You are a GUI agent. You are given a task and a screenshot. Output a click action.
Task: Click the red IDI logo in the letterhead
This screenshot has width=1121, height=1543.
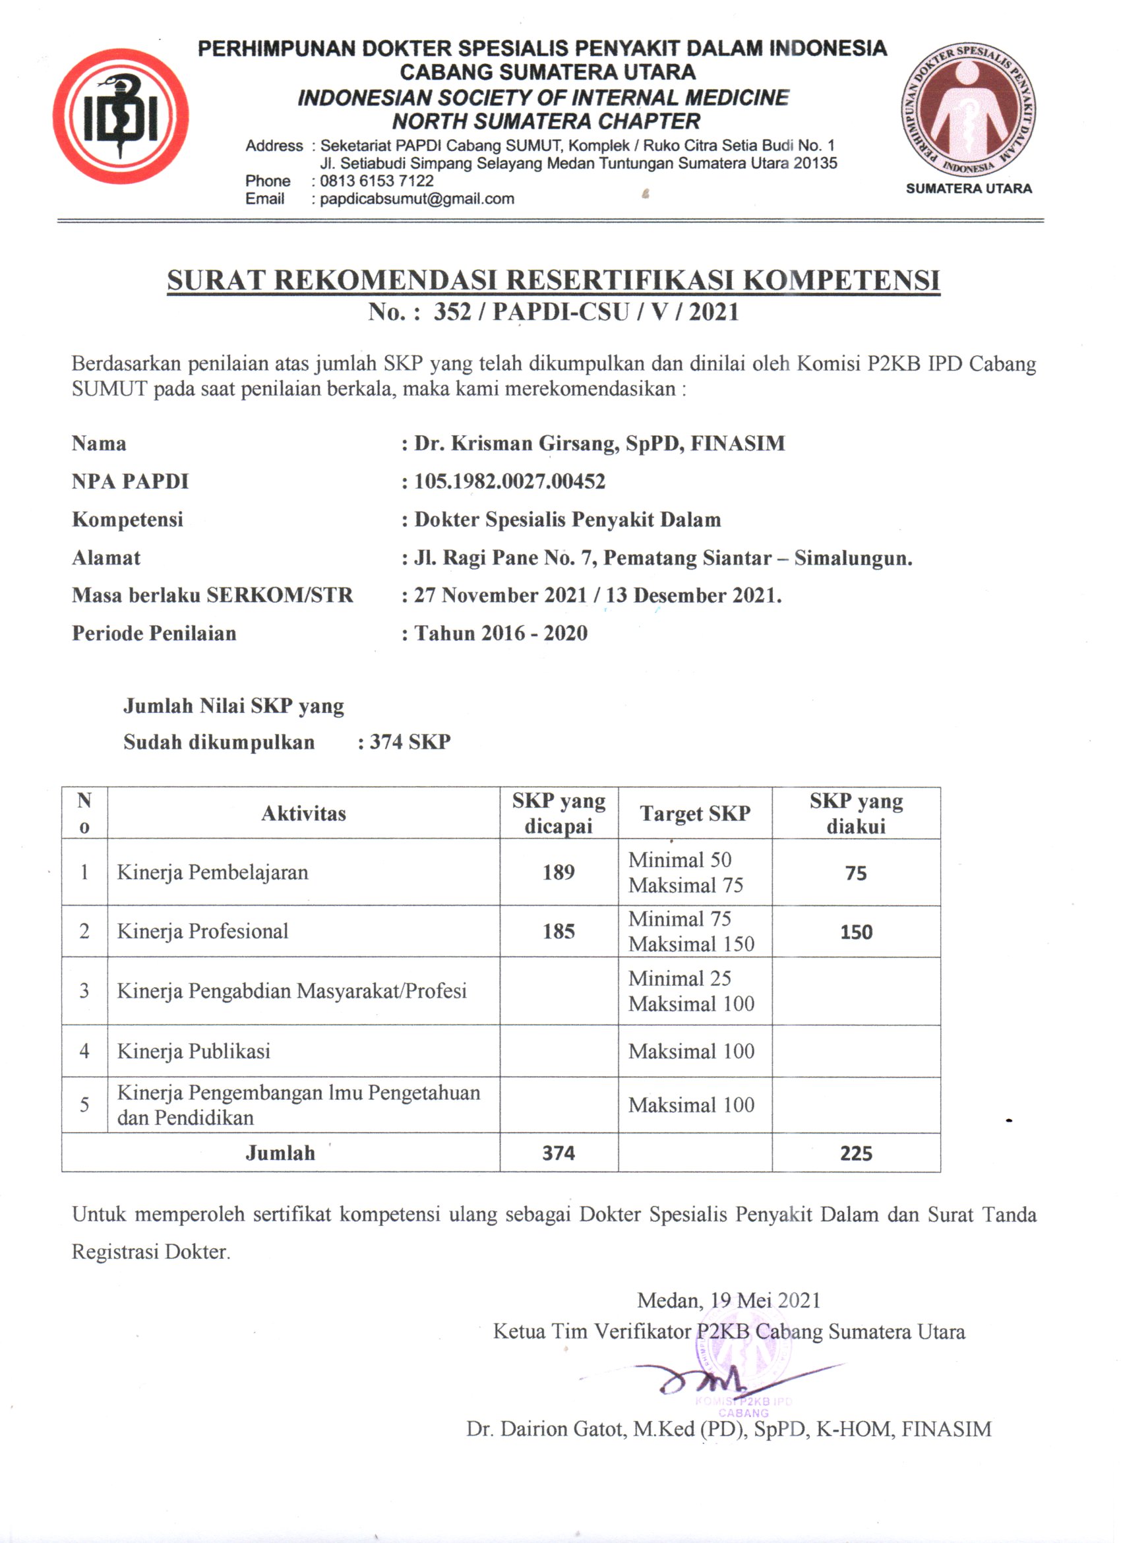(x=121, y=116)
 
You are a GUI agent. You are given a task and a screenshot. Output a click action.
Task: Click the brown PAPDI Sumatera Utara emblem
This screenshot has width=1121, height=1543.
(x=969, y=110)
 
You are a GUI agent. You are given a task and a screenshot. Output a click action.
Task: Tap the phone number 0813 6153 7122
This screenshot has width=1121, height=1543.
(x=376, y=181)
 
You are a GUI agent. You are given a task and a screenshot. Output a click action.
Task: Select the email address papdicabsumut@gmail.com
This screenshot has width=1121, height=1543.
(x=417, y=199)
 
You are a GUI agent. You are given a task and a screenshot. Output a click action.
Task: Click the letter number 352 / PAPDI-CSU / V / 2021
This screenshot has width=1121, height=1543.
(x=586, y=313)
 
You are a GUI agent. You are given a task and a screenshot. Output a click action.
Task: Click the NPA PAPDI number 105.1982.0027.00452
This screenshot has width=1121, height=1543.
(x=510, y=481)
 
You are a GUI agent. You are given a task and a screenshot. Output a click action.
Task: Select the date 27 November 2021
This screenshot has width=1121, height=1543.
(x=500, y=595)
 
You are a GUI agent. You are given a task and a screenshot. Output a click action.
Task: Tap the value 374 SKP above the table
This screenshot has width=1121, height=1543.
(x=409, y=742)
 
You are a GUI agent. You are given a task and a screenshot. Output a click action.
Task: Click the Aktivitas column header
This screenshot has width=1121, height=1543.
(x=303, y=814)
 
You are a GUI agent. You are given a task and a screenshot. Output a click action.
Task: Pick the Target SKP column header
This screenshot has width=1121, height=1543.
(x=694, y=814)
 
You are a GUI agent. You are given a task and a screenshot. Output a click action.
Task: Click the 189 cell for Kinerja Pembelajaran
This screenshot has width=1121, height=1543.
(x=559, y=872)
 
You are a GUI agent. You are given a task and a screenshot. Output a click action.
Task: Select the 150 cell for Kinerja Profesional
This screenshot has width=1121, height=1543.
(x=856, y=932)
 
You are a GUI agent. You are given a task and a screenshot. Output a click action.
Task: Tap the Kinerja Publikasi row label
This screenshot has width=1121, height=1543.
(x=194, y=1051)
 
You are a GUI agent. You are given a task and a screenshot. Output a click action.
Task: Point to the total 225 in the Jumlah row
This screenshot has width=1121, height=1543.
(x=856, y=1153)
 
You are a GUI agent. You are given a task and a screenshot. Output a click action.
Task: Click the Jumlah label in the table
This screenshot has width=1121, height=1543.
(x=280, y=1153)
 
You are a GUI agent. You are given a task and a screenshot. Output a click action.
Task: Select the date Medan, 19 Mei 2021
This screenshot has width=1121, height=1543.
(x=729, y=1301)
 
